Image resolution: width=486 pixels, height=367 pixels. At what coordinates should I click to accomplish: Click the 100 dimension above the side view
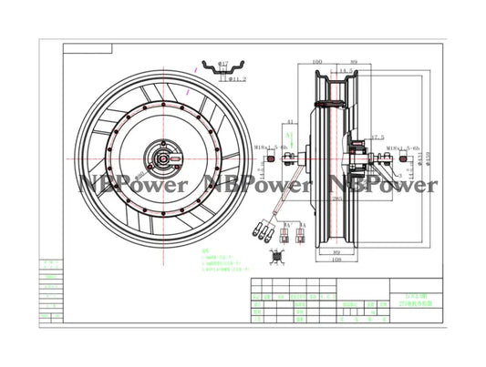point(316,63)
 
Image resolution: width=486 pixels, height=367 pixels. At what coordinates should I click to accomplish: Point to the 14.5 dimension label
point(346,71)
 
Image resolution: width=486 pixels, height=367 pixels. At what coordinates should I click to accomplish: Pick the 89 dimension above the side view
point(357,63)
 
